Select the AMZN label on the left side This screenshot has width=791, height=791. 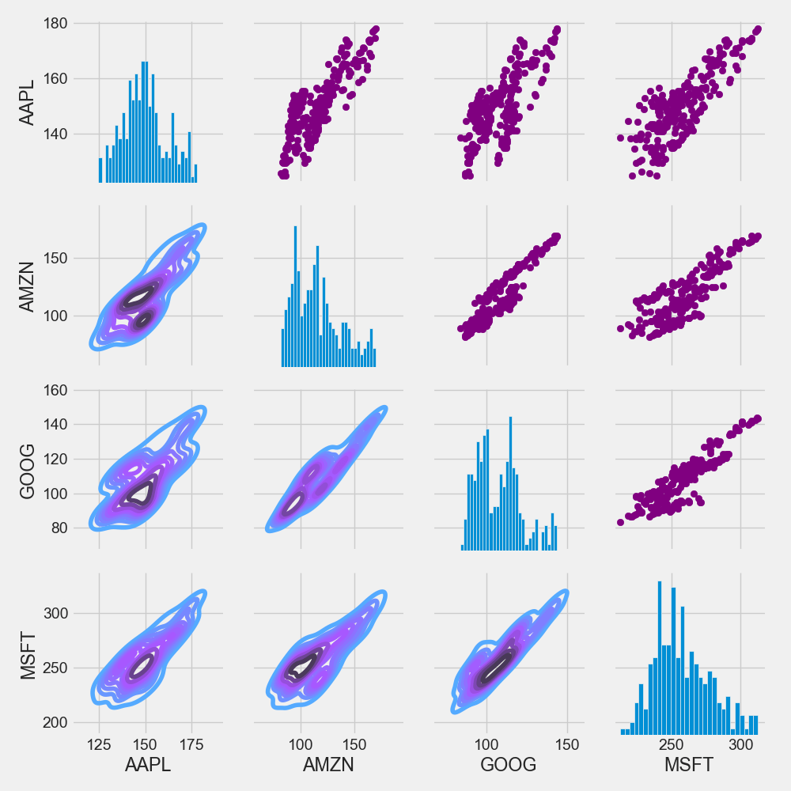[x=27, y=287]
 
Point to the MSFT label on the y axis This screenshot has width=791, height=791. [x=27, y=656]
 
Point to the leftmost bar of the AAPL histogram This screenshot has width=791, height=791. [x=100, y=170]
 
